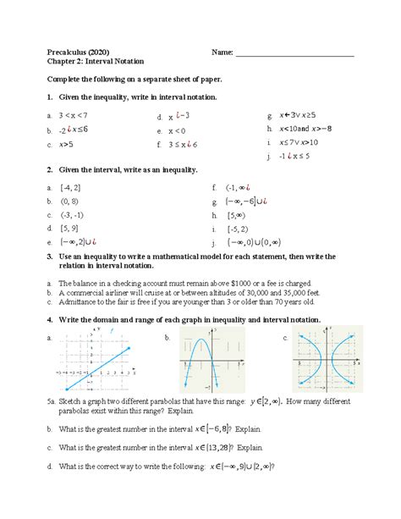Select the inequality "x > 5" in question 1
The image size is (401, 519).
[x=64, y=145]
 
